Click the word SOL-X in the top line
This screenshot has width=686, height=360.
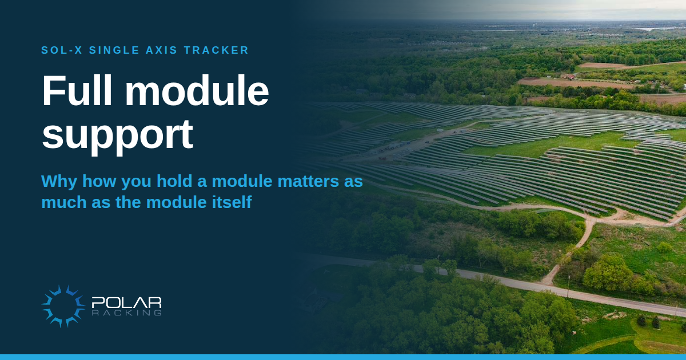(62, 50)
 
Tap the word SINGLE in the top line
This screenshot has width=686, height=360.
(114, 50)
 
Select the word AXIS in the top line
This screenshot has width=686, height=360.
(161, 50)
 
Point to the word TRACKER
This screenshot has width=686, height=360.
(216, 50)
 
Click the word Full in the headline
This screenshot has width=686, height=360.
(77, 91)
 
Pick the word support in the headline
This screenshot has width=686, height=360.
(118, 135)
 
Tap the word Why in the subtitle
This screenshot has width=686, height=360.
(59, 181)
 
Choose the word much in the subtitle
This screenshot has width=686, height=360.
(63, 202)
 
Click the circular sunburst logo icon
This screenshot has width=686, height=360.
(63, 306)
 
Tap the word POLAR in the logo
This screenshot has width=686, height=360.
(126, 302)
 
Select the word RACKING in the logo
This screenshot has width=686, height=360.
(126, 313)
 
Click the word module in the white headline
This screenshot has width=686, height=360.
(197, 91)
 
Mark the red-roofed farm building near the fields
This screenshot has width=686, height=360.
(569, 77)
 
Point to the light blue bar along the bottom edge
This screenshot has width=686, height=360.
(343, 357)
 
